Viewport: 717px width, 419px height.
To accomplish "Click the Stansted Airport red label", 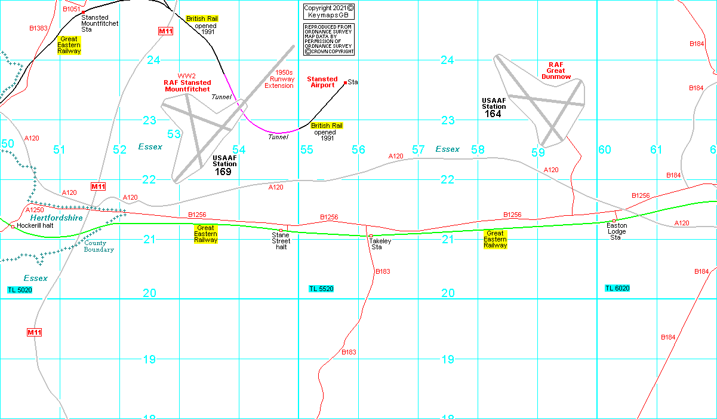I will [322, 82].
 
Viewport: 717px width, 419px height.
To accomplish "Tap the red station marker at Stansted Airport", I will [345, 82].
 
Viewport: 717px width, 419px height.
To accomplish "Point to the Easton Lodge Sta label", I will [617, 231].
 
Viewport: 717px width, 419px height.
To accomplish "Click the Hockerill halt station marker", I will [13, 227].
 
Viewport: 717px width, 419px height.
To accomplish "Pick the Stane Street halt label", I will [281, 241].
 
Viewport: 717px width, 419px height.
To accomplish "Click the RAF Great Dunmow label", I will [559, 70].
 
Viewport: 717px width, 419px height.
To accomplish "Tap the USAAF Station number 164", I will [493, 114].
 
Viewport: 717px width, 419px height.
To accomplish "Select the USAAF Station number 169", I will [224, 172].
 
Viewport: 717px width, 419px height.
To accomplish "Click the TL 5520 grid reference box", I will [321, 289].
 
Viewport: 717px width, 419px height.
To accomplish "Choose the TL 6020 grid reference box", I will [617, 288].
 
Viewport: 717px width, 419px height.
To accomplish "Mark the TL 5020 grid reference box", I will [20, 290].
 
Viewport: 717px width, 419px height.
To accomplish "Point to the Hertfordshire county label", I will [56, 218].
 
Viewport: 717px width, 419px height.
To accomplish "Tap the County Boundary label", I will [99, 246].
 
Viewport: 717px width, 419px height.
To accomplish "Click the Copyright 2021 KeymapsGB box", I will [328, 11].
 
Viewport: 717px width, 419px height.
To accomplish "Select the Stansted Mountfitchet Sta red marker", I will [83, 12].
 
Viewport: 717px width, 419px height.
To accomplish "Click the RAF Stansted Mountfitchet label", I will [187, 85].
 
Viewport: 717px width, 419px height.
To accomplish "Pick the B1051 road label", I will [71, 10].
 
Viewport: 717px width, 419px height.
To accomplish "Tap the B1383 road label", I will [38, 28].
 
